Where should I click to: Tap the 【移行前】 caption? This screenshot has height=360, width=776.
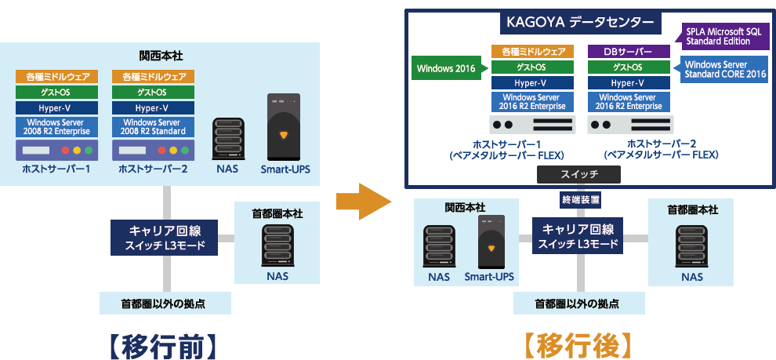[162, 345]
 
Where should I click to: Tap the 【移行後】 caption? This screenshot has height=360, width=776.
[578, 345]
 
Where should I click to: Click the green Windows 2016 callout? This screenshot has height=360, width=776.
[446, 68]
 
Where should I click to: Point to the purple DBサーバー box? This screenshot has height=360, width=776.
[629, 51]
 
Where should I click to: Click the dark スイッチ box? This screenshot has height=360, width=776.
[579, 174]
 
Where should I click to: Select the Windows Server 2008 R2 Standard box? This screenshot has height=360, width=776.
[151, 127]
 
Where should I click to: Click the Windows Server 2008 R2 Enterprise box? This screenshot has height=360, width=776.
[56, 127]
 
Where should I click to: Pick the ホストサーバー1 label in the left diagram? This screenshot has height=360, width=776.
[56, 169]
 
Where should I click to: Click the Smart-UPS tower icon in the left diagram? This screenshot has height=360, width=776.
[284, 127]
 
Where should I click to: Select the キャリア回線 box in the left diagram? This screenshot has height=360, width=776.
[164, 238]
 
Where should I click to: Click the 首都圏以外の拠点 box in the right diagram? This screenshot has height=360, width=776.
[578, 303]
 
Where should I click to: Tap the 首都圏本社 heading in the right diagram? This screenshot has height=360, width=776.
[692, 209]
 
